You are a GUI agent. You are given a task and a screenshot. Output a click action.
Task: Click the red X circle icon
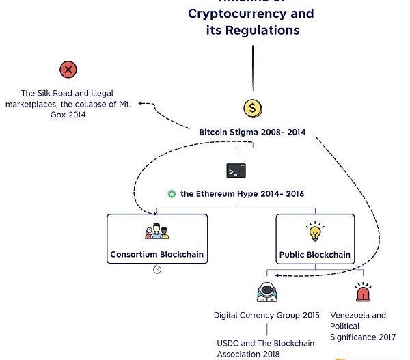point(68,69)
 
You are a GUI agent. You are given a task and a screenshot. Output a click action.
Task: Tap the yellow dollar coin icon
point(253,108)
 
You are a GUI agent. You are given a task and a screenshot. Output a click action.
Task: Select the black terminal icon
point(236,170)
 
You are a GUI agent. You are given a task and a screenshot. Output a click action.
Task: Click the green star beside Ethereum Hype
point(172,194)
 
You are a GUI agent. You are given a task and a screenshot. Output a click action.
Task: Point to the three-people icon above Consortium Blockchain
point(156,232)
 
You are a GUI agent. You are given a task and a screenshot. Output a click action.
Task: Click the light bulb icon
point(315,232)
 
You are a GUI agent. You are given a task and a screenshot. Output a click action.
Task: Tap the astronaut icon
point(266,292)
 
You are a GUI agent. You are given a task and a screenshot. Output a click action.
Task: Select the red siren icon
point(362,292)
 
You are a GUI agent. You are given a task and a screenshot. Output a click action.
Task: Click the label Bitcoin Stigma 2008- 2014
point(253,131)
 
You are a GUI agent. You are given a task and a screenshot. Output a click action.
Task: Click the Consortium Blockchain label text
point(156,255)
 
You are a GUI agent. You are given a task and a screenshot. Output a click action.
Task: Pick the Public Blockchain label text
point(315,255)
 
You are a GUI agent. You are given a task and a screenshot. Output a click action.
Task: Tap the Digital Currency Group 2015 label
point(266,315)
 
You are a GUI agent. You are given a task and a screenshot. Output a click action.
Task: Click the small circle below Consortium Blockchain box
point(156,270)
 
